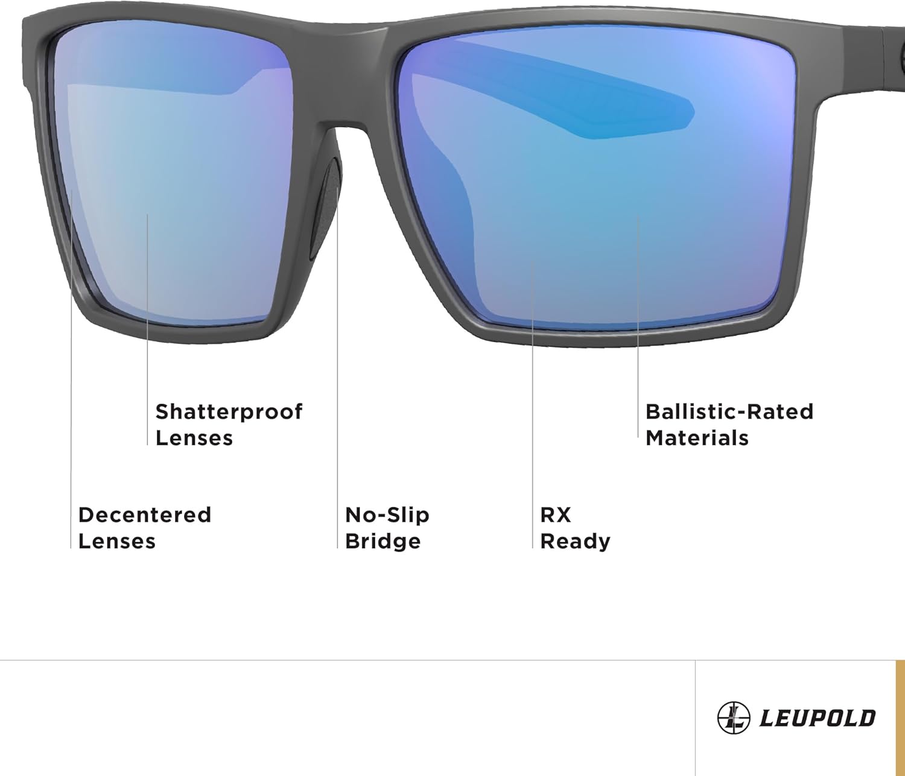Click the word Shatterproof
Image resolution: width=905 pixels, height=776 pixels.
pyautogui.click(x=229, y=412)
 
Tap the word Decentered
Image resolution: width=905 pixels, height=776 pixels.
pyautogui.click(x=145, y=515)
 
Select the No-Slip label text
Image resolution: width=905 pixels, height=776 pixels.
pyautogui.click(x=387, y=515)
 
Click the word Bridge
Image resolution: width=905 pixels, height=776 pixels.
pyautogui.click(x=383, y=541)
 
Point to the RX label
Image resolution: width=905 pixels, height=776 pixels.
pyautogui.click(x=555, y=515)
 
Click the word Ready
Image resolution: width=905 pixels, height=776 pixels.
pyautogui.click(x=575, y=541)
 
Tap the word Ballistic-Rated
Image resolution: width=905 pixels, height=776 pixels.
pyautogui.click(x=729, y=412)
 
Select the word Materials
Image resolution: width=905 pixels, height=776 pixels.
pyautogui.click(x=697, y=438)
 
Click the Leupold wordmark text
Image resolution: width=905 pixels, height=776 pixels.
pyautogui.click(x=817, y=718)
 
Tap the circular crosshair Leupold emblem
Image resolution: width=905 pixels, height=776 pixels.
pyautogui.click(x=733, y=718)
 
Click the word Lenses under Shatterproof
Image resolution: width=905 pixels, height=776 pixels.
pyautogui.click(x=194, y=438)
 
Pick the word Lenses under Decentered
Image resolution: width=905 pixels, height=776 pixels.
pyautogui.click(x=117, y=541)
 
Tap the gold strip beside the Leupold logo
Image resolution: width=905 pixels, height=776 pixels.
pyautogui.click(x=900, y=717)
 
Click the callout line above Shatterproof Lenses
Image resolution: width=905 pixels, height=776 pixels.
pyautogui.click(x=147, y=332)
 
